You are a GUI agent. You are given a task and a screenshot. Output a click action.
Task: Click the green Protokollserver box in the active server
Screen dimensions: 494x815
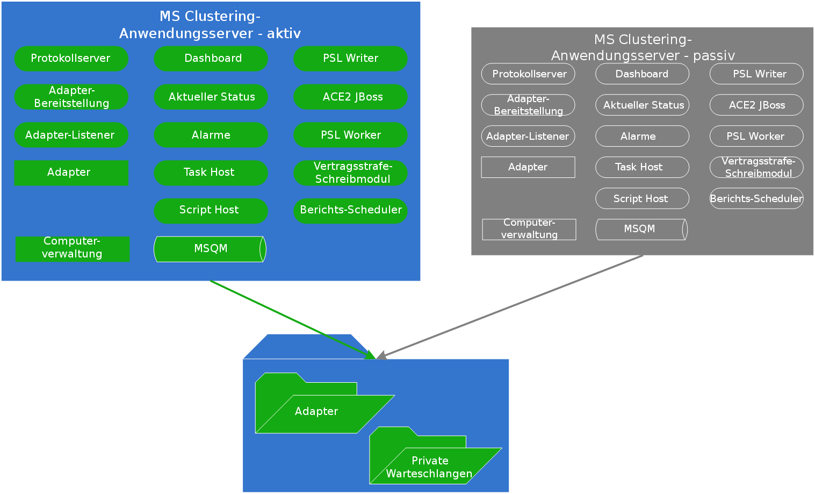[71, 59]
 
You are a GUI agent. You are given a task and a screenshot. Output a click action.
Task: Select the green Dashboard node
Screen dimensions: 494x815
[211, 59]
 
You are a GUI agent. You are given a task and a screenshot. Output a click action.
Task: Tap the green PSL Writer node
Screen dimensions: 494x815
[350, 59]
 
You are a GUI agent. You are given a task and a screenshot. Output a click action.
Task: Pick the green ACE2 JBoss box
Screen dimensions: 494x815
[350, 97]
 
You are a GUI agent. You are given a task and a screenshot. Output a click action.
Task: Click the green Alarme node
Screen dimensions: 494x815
[211, 135]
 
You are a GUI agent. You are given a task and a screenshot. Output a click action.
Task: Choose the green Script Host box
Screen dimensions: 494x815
[211, 211]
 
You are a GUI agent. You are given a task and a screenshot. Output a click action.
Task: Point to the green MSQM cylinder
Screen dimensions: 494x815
[210, 249]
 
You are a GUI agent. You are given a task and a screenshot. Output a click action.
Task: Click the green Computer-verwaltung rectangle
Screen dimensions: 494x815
[73, 249]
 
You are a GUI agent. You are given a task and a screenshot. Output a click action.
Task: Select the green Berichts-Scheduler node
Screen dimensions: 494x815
[350, 211]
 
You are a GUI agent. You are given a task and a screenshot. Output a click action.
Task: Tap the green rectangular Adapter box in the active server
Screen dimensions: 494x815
[71, 173]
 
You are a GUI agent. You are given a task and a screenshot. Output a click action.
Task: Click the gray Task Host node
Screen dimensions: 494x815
[642, 167]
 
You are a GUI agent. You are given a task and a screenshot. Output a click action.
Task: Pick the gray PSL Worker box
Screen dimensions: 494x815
[756, 136]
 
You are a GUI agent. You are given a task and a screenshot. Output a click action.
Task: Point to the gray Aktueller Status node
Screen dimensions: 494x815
[642, 105]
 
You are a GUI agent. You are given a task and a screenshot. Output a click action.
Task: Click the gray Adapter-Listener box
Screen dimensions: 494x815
[528, 136]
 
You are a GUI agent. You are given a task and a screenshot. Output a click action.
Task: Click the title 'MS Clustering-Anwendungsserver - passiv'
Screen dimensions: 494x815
[643, 47]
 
